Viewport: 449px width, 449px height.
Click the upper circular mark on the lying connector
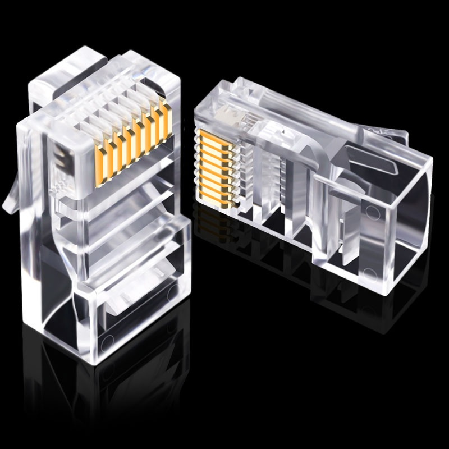(x=371, y=212)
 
